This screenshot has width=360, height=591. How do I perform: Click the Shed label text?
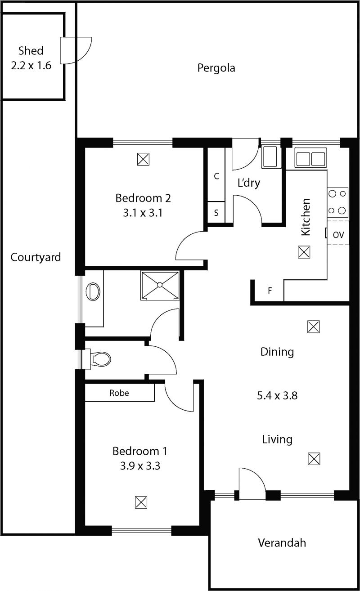(31, 50)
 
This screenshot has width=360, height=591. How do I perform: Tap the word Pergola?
(216, 68)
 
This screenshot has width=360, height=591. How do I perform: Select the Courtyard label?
(36, 257)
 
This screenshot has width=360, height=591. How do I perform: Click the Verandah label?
(282, 542)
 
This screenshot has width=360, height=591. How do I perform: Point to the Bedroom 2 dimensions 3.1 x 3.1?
(143, 213)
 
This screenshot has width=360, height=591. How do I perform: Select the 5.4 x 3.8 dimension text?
(277, 396)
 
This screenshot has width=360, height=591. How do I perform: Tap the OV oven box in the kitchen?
(338, 234)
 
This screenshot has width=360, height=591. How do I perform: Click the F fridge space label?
(270, 291)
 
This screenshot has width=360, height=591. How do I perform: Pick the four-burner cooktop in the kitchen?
(337, 201)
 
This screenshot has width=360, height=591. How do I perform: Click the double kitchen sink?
(310, 159)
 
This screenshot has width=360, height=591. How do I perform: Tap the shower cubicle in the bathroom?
(160, 284)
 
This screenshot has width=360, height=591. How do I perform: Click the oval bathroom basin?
(93, 291)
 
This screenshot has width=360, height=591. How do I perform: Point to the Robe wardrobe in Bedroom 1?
(120, 393)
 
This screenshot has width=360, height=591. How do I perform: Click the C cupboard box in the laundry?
(216, 176)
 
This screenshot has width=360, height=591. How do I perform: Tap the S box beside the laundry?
(216, 213)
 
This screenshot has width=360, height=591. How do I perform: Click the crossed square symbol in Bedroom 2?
(143, 159)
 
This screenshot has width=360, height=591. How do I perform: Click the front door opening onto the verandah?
(252, 484)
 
